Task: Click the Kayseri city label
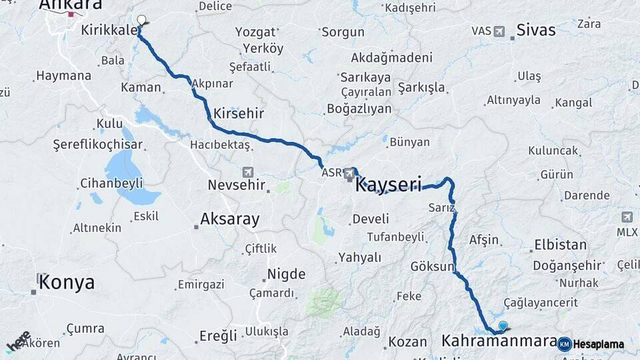pyautogui.click(x=399, y=185)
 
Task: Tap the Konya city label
pyautogui.click(x=67, y=282)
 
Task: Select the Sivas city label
pyautogui.click(x=536, y=30)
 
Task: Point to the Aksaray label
pyautogui.click(x=229, y=219)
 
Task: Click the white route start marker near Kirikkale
pyautogui.click(x=141, y=20)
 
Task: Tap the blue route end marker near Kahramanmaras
pyautogui.click(x=503, y=326)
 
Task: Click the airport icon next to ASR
pyautogui.click(x=349, y=173)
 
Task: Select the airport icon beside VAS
pyautogui.click(x=499, y=31)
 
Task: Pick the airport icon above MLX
pyautogui.click(x=627, y=217)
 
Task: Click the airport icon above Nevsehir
pyautogui.click(x=248, y=172)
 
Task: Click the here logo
pyautogui.click(x=19, y=341)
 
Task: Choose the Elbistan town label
pyautogui.click(x=560, y=245)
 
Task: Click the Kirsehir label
pyautogui.click(x=239, y=113)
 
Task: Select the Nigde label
pyautogui.click(x=286, y=274)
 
